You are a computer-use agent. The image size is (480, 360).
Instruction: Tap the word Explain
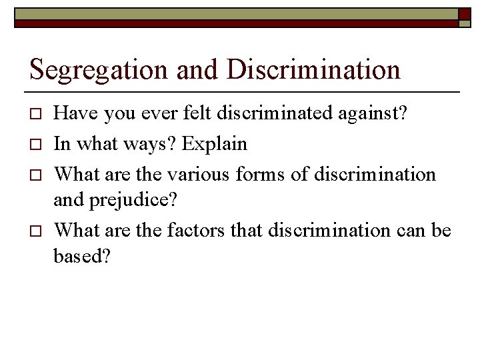[x=215, y=145]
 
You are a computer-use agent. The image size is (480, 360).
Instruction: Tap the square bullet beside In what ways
[x=37, y=145]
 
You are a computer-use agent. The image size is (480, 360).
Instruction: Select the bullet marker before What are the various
[x=37, y=175]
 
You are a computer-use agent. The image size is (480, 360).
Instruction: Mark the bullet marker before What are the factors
[x=37, y=231]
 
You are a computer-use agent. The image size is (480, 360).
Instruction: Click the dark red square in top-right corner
[x=465, y=13]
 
